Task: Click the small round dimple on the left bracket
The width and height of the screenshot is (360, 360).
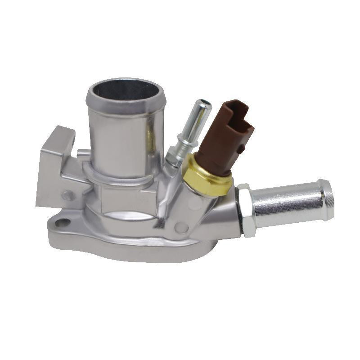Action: point(68,195)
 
